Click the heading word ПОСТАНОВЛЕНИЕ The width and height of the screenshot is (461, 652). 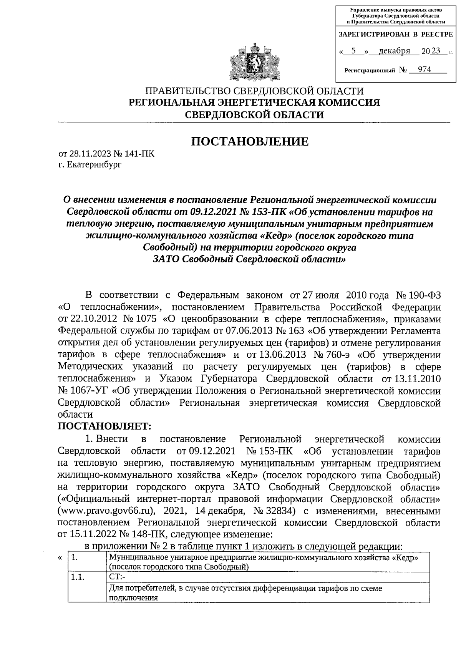tap(250, 142)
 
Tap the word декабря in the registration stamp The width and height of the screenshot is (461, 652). tap(394, 51)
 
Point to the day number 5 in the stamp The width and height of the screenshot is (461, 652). tap(353, 51)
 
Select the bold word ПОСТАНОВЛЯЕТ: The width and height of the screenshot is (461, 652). tap(104, 426)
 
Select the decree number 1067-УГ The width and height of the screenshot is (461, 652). tap(89, 391)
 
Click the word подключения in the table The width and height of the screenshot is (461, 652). tap(133, 598)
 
